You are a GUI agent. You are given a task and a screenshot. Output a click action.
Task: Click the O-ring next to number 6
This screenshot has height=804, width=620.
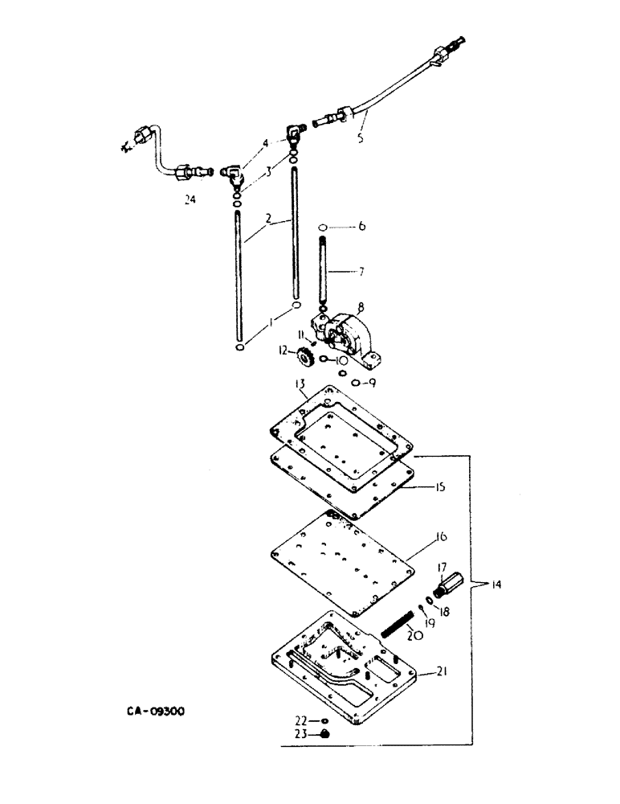pos(321,228)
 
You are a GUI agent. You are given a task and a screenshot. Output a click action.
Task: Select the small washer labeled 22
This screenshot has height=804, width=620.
pos(324,720)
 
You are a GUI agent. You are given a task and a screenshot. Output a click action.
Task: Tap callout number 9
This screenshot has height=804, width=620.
pos(371,383)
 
